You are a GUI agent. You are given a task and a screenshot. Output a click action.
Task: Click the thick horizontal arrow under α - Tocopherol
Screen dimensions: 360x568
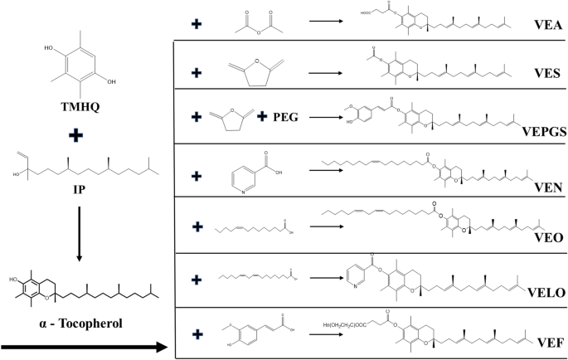point(83,343)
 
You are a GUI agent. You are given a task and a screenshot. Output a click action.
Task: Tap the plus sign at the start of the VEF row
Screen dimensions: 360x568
point(197,336)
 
